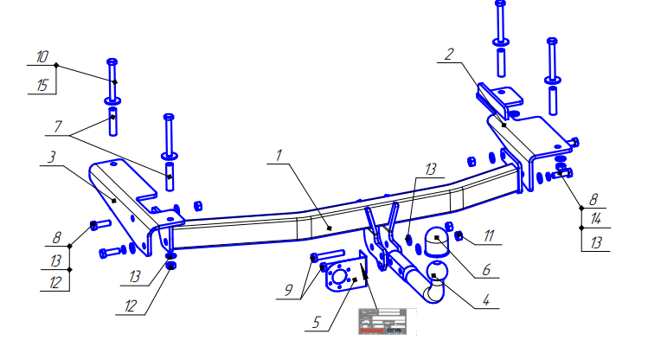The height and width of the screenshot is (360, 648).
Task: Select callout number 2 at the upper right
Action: pyautogui.click(x=447, y=55)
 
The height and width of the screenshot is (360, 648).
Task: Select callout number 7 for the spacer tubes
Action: pyautogui.click(x=57, y=126)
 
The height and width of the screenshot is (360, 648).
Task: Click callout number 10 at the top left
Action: pyautogui.click(x=42, y=57)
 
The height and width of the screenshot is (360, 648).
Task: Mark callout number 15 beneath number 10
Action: pyautogui.click(x=42, y=84)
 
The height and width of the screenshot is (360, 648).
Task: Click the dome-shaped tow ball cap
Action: pyautogui.click(x=437, y=237)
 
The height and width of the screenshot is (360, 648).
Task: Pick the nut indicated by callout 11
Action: pyautogui.click(x=459, y=235)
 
